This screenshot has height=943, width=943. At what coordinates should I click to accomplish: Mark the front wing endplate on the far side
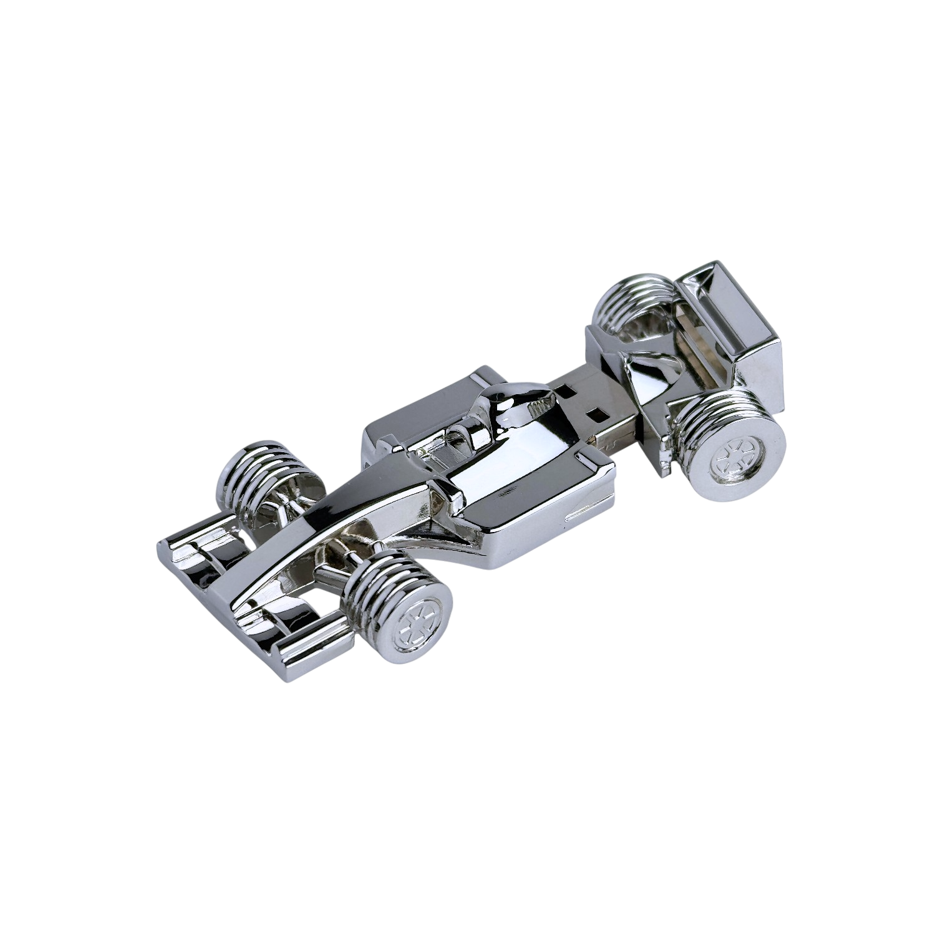[181, 549]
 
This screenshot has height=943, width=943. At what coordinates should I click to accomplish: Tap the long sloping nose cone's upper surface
[349, 511]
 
